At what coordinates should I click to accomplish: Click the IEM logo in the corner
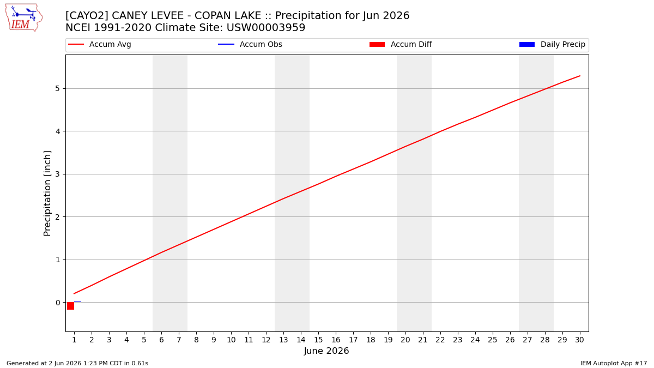(x=23, y=18)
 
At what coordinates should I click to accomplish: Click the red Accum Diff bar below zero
(x=70, y=306)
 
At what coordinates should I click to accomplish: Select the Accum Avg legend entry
(x=100, y=44)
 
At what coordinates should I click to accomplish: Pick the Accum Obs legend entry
(x=250, y=44)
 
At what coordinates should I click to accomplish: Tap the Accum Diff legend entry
(x=401, y=44)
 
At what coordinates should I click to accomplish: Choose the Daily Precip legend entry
(x=552, y=44)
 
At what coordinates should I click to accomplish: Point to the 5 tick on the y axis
(x=58, y=88)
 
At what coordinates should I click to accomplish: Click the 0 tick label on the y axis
(x=58, y=303)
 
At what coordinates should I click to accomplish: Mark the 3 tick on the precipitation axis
(x=58, y=174)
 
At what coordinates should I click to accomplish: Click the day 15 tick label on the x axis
(x=318, y=340)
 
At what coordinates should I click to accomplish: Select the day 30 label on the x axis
(x=579, y=340)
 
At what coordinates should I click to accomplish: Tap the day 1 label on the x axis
(x=74, y=340)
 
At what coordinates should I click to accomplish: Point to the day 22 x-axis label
(x=440, y=340)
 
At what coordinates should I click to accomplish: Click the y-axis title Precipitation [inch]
(x=47, y=194)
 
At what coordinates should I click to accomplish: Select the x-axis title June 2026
(x=326, y=351)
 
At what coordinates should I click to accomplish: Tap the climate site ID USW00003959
(x=266, y=28)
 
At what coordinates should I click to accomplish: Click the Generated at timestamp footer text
(x=77, y=363)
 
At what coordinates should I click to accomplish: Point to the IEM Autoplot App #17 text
(x=614, y=363)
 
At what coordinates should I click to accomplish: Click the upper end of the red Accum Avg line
(x=580, y=76)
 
